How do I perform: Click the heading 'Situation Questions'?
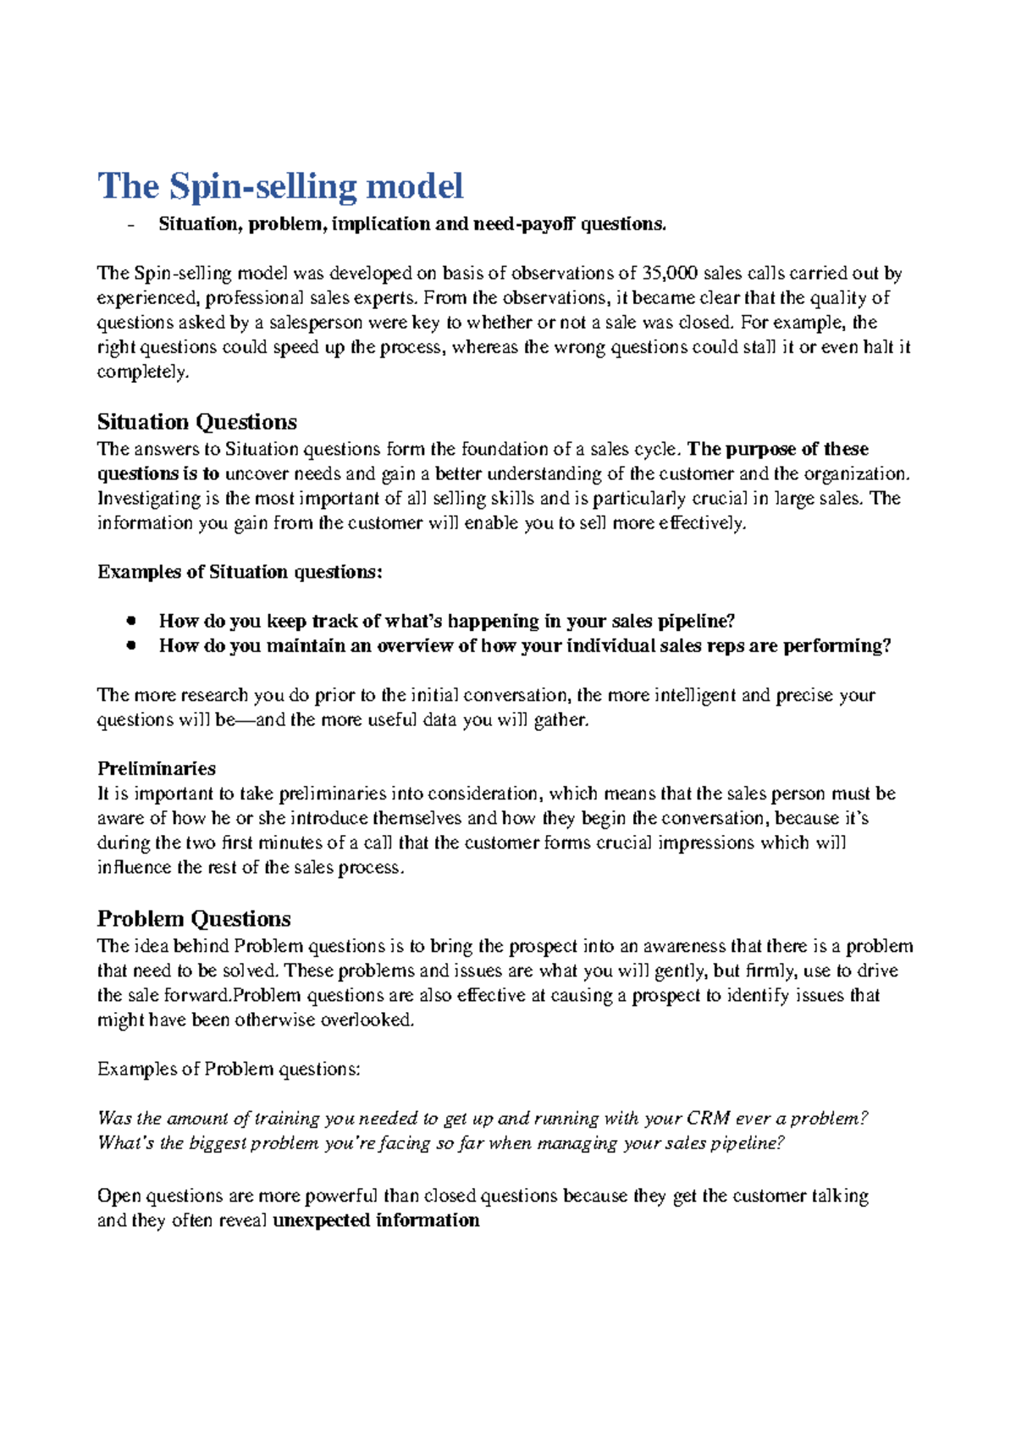pos(196,422)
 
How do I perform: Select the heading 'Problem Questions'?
pos(194,919)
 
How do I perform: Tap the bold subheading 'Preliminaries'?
pos(157,769)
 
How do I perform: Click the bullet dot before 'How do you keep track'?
pos(130,621)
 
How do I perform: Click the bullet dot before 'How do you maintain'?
pos(130,645)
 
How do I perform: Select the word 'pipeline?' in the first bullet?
pos(696,621)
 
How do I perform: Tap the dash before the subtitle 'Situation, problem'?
pos(130,224)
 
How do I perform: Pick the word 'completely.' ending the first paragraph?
pos(143,372)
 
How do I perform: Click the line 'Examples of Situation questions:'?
pos(240,572)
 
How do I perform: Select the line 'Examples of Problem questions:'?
pos(229,1069)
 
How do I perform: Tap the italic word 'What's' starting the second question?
pos(126,1142)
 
